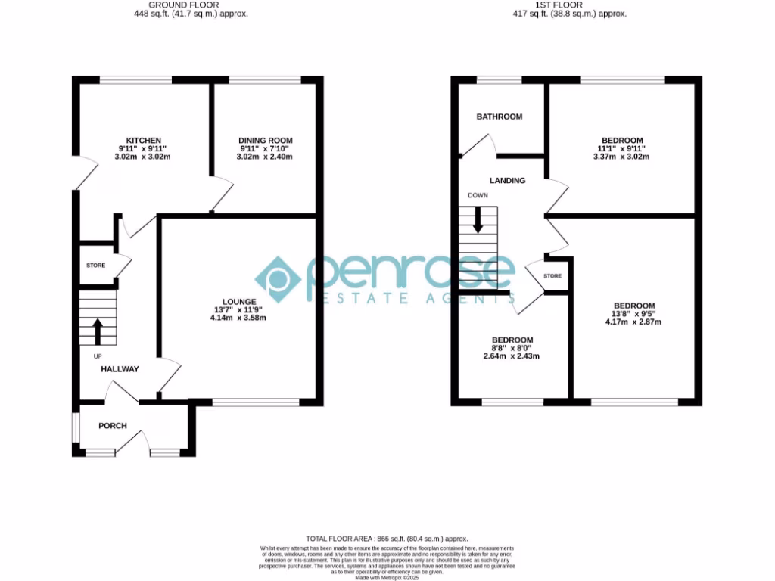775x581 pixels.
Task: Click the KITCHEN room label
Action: [x=144, y=141]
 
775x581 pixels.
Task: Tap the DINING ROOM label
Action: [x=265, y=141]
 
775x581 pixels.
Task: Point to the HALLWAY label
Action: [x=120, y=369]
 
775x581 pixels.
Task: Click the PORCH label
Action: [x=113, y=426]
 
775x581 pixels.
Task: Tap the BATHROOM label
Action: [x=499, y=117]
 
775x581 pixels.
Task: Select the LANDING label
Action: [x=507, y=181]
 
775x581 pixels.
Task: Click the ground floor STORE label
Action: [x=96, y=266]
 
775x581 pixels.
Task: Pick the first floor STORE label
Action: [x=552, y=276]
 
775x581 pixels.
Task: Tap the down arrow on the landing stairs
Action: [x=478, y=220]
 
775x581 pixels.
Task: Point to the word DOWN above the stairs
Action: [x=478, y=195]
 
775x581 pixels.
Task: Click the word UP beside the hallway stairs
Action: [x=98, y=356]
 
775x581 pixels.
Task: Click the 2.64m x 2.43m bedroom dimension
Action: [x=512, y=356]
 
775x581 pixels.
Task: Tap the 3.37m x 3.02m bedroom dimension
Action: [x=622, y=157]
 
